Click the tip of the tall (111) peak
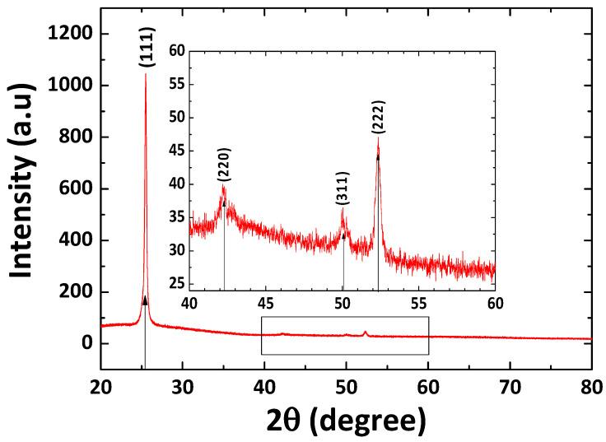[146, 74]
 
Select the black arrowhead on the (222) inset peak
[378, 156]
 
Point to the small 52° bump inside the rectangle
[366, 332]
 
